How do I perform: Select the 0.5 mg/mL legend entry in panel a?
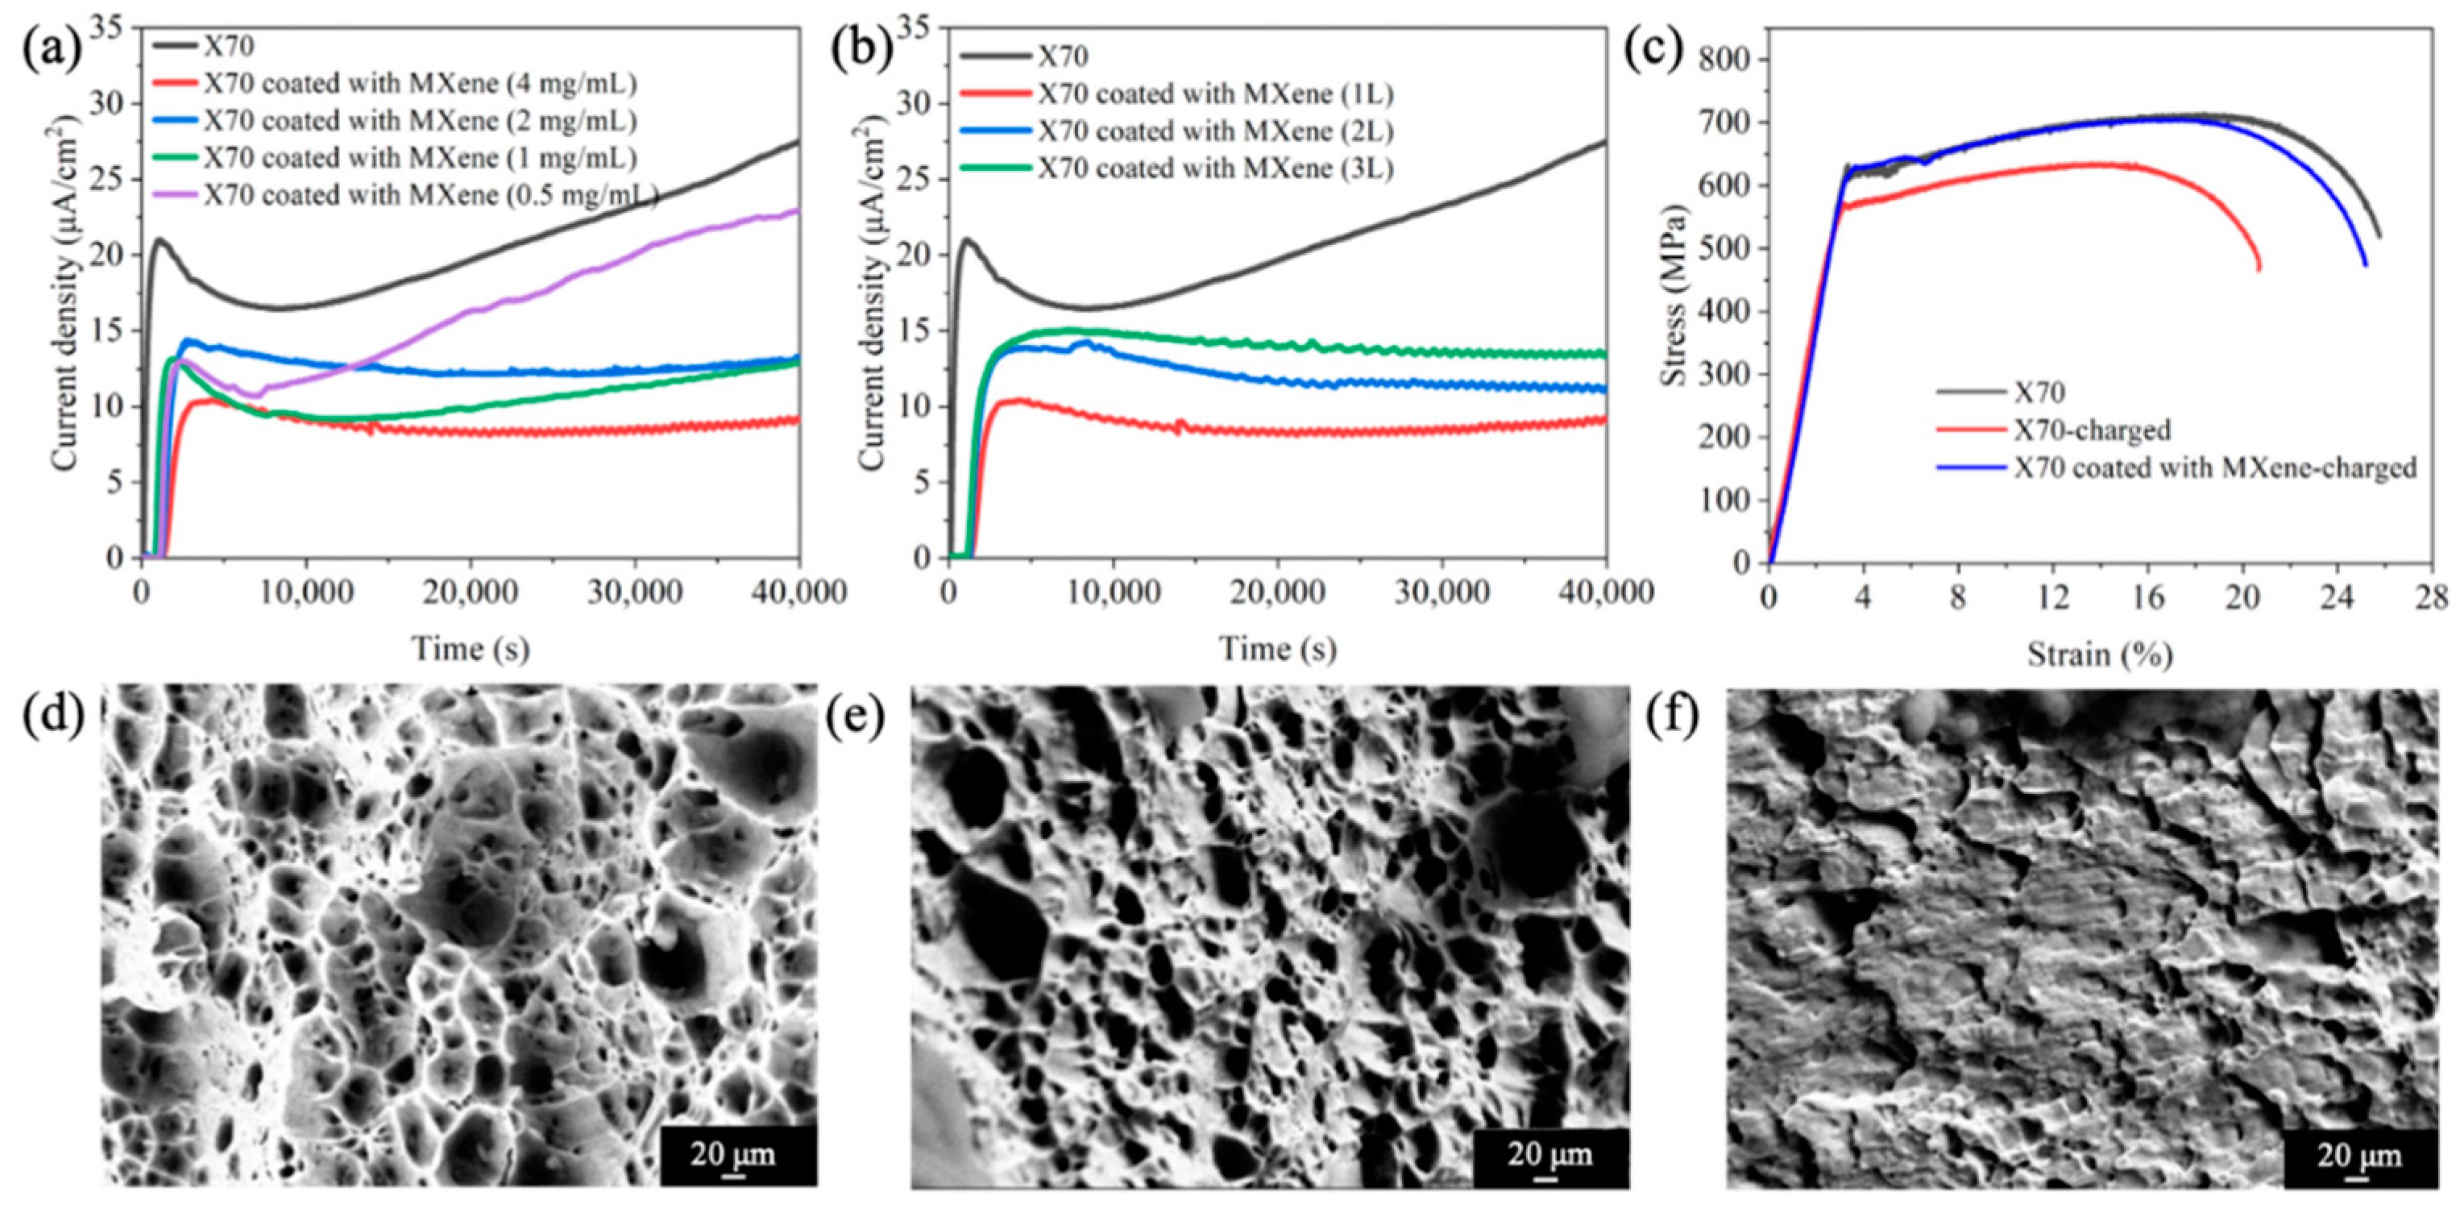[429, 195]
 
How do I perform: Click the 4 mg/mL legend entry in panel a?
[420, 84]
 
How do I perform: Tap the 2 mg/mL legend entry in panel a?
[420, 121]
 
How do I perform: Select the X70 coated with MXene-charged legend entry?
[2216, 468]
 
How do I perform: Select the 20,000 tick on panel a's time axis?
[470, 592]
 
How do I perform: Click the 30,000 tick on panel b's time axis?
[1442, 592]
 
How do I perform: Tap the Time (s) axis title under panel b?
[1278, 650]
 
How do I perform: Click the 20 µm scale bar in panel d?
[732, 1156]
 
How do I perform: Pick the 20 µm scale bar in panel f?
[2358, 1157]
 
